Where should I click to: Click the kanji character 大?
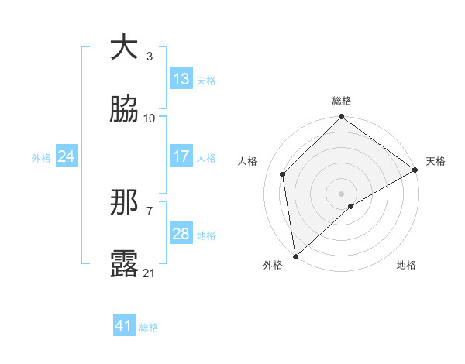point(124,47)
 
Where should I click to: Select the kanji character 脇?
point(124,109)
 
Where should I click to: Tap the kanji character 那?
point(124,202)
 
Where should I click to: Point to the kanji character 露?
point(124,264)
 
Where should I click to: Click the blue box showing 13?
point(181,79)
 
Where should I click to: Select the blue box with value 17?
point(181,156)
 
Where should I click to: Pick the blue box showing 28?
point(181,234)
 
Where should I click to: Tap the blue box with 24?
point(67,156)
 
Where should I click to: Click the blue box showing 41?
point(124,327)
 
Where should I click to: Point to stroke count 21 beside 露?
point(150,273)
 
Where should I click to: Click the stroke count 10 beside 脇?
point(150,118)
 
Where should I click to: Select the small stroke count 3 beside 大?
point(150,56)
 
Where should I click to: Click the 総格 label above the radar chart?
point(342,101)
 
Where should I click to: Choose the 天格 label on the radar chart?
point(436,161)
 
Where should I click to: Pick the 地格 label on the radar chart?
point(406,265)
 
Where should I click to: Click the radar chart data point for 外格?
point(295,256)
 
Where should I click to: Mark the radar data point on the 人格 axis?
point(284,174)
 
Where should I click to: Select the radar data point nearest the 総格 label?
point(342,118)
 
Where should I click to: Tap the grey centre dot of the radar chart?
point(342,193)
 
